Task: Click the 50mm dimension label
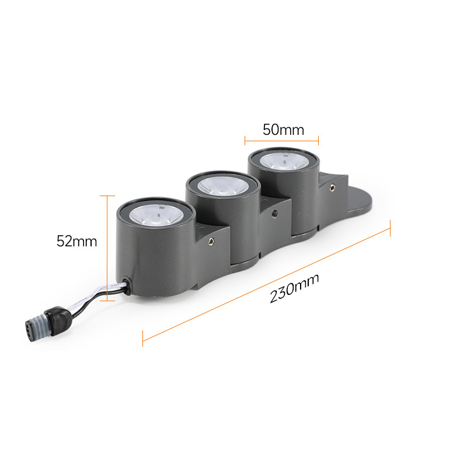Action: click(283, 130)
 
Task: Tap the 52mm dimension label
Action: click(77, 241)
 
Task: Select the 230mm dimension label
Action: click(294, 288)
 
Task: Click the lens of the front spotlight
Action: click(156, 215)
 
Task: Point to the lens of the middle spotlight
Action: click(223, 186)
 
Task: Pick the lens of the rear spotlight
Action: click(283, 162)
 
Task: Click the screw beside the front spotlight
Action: click(211, 242)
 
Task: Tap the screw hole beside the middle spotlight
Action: click(274, 213)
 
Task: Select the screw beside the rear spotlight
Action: click(332, 187)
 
